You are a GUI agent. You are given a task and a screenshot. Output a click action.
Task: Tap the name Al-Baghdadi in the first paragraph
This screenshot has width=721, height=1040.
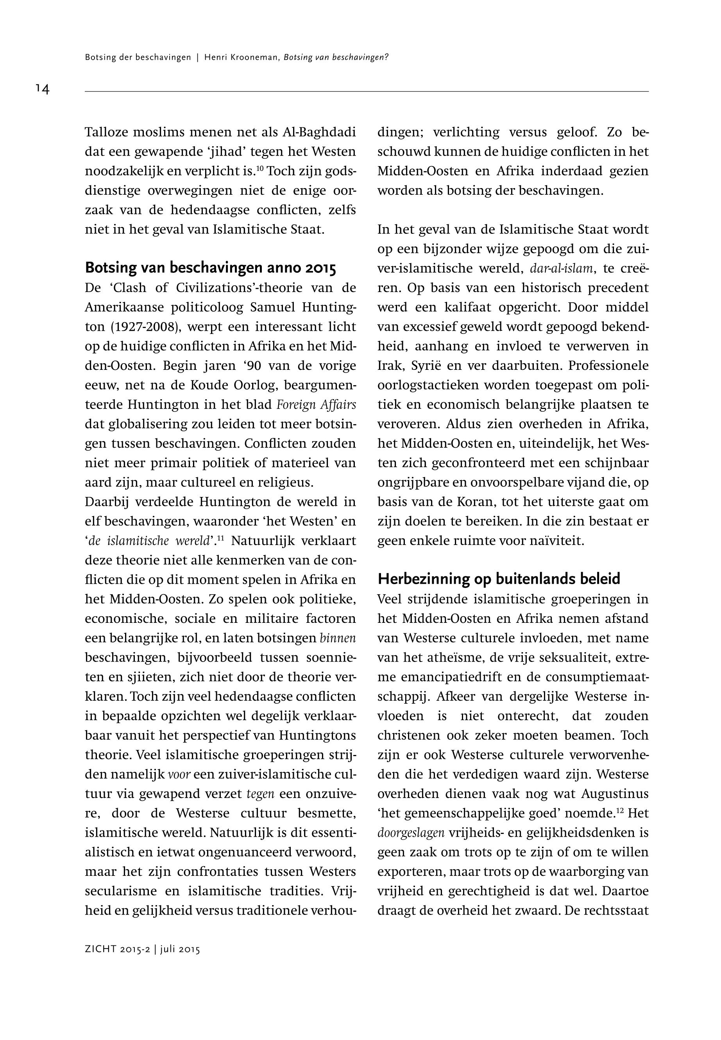click(x=319, y=133)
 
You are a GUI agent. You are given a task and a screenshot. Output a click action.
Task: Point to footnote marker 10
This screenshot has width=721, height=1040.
click(x=260, y=169)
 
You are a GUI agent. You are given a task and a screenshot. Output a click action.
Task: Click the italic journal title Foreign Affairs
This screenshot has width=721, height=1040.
click(x=316, y=405)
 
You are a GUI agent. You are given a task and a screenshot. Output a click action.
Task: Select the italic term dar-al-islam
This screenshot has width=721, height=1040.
click(x=562, y=269)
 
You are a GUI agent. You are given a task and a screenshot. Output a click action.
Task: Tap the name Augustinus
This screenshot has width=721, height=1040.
click(x=615, y=794)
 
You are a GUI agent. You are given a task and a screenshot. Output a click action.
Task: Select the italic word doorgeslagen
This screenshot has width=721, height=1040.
click(x=411, y=832)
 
